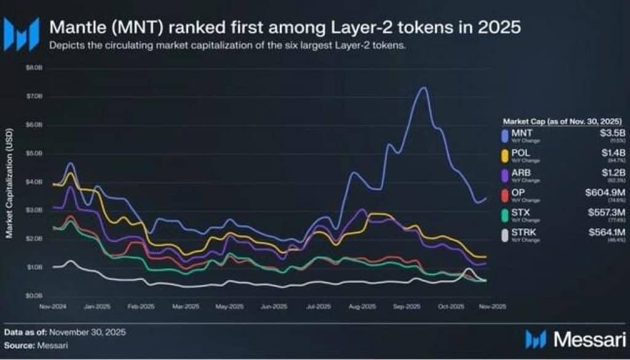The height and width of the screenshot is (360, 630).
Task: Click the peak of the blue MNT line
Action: point(423,87)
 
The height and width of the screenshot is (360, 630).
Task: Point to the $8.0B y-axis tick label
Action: point(33,68)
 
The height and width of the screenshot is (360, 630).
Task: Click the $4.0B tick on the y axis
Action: point(33,182)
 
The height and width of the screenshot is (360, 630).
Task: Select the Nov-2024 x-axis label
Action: point(54,306)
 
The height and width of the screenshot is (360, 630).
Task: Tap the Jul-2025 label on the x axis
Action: point(317,306)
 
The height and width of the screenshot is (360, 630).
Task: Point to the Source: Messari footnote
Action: point(36,345)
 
